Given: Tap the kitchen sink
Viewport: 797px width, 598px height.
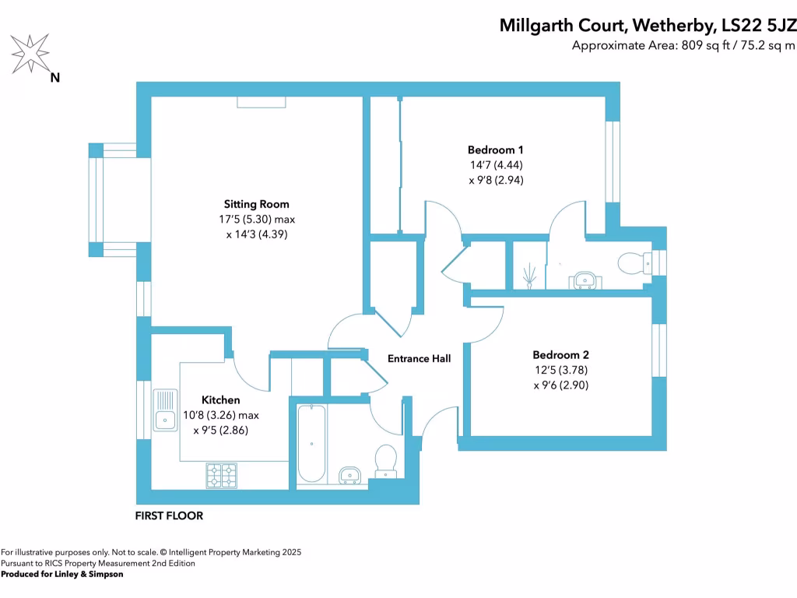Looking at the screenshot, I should (165, 420).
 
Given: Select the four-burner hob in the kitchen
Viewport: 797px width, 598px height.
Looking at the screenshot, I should (221, 475).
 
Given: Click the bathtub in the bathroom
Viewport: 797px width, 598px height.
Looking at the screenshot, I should (311, 444).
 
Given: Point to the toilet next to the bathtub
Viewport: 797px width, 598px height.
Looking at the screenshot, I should (386, 460).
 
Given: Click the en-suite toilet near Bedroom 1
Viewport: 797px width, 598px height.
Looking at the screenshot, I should (634, 263).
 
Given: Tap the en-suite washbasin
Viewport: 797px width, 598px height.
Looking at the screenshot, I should (584, 280).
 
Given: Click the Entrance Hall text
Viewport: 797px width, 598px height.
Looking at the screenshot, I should (420, 359).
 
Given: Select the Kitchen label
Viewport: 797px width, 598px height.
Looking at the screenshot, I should (221, 400).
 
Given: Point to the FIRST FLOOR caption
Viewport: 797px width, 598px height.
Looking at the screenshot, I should (169, 515).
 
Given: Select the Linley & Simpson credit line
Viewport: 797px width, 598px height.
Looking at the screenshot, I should (62, 574).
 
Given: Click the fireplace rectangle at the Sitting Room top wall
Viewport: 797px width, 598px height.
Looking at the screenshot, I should (262, 102).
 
